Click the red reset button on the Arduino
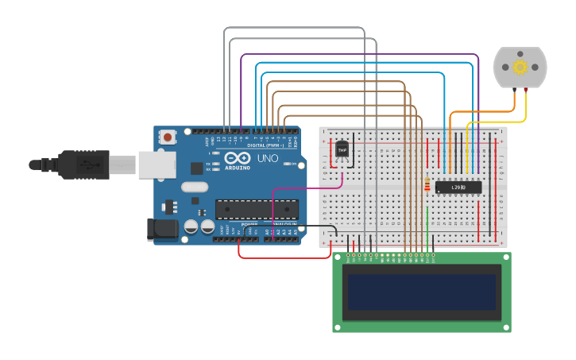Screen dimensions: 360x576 (168, 137)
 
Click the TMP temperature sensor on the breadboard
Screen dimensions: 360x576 (342, 149)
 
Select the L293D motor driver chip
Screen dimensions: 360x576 (458, 188)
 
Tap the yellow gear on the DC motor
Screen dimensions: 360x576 (520, 67)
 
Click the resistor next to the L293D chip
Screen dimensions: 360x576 (428, 185)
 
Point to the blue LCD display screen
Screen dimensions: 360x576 (421, 292)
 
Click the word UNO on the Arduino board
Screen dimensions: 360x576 (268, 159)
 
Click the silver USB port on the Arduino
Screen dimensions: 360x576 (157, 165)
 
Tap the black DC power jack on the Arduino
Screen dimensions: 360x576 (164, 230)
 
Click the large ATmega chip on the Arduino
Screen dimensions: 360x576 (257, 210)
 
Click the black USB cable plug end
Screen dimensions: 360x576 (79, 165)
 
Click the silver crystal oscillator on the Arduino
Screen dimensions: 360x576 (194, 188)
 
